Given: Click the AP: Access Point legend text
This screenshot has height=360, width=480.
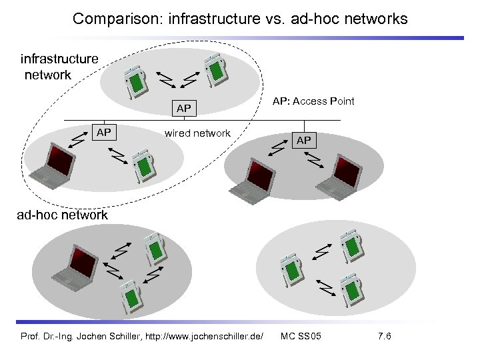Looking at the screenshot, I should (313, 101).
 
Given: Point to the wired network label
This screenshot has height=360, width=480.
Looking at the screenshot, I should (197, 133).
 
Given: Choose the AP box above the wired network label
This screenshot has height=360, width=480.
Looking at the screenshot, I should (183, 108).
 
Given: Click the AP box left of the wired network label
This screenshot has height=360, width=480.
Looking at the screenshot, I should (103, 133).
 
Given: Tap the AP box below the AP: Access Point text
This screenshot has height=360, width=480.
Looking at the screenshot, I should (304, 141).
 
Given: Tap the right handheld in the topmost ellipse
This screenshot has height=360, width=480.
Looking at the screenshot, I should (215, 73).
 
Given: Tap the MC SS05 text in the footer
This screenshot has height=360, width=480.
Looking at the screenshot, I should (301, 336).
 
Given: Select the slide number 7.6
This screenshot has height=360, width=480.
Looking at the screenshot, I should (384, 336).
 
